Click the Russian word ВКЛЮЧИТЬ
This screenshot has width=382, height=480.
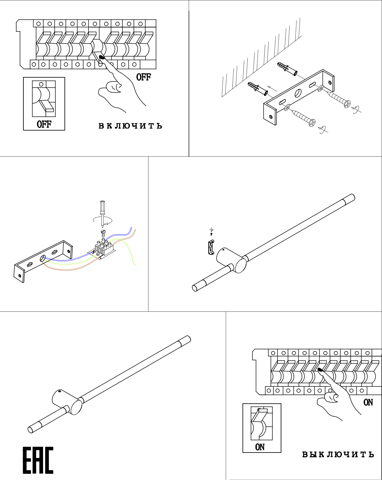[x=130, y=126]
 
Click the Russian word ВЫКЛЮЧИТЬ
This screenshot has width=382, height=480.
[x=338, y=454]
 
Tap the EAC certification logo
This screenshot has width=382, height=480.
[x=38, y=460]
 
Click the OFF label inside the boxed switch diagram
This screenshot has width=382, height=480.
[x=44, y=124]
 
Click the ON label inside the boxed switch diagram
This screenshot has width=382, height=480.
[x=260, y=447]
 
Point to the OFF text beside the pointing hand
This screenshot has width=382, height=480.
[x=144, y=77]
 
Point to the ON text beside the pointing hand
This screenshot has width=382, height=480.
[x=368, y=402]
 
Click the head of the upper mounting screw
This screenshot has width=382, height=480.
[x=347, y=103]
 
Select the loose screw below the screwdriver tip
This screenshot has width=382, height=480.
[x=103, y=232]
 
